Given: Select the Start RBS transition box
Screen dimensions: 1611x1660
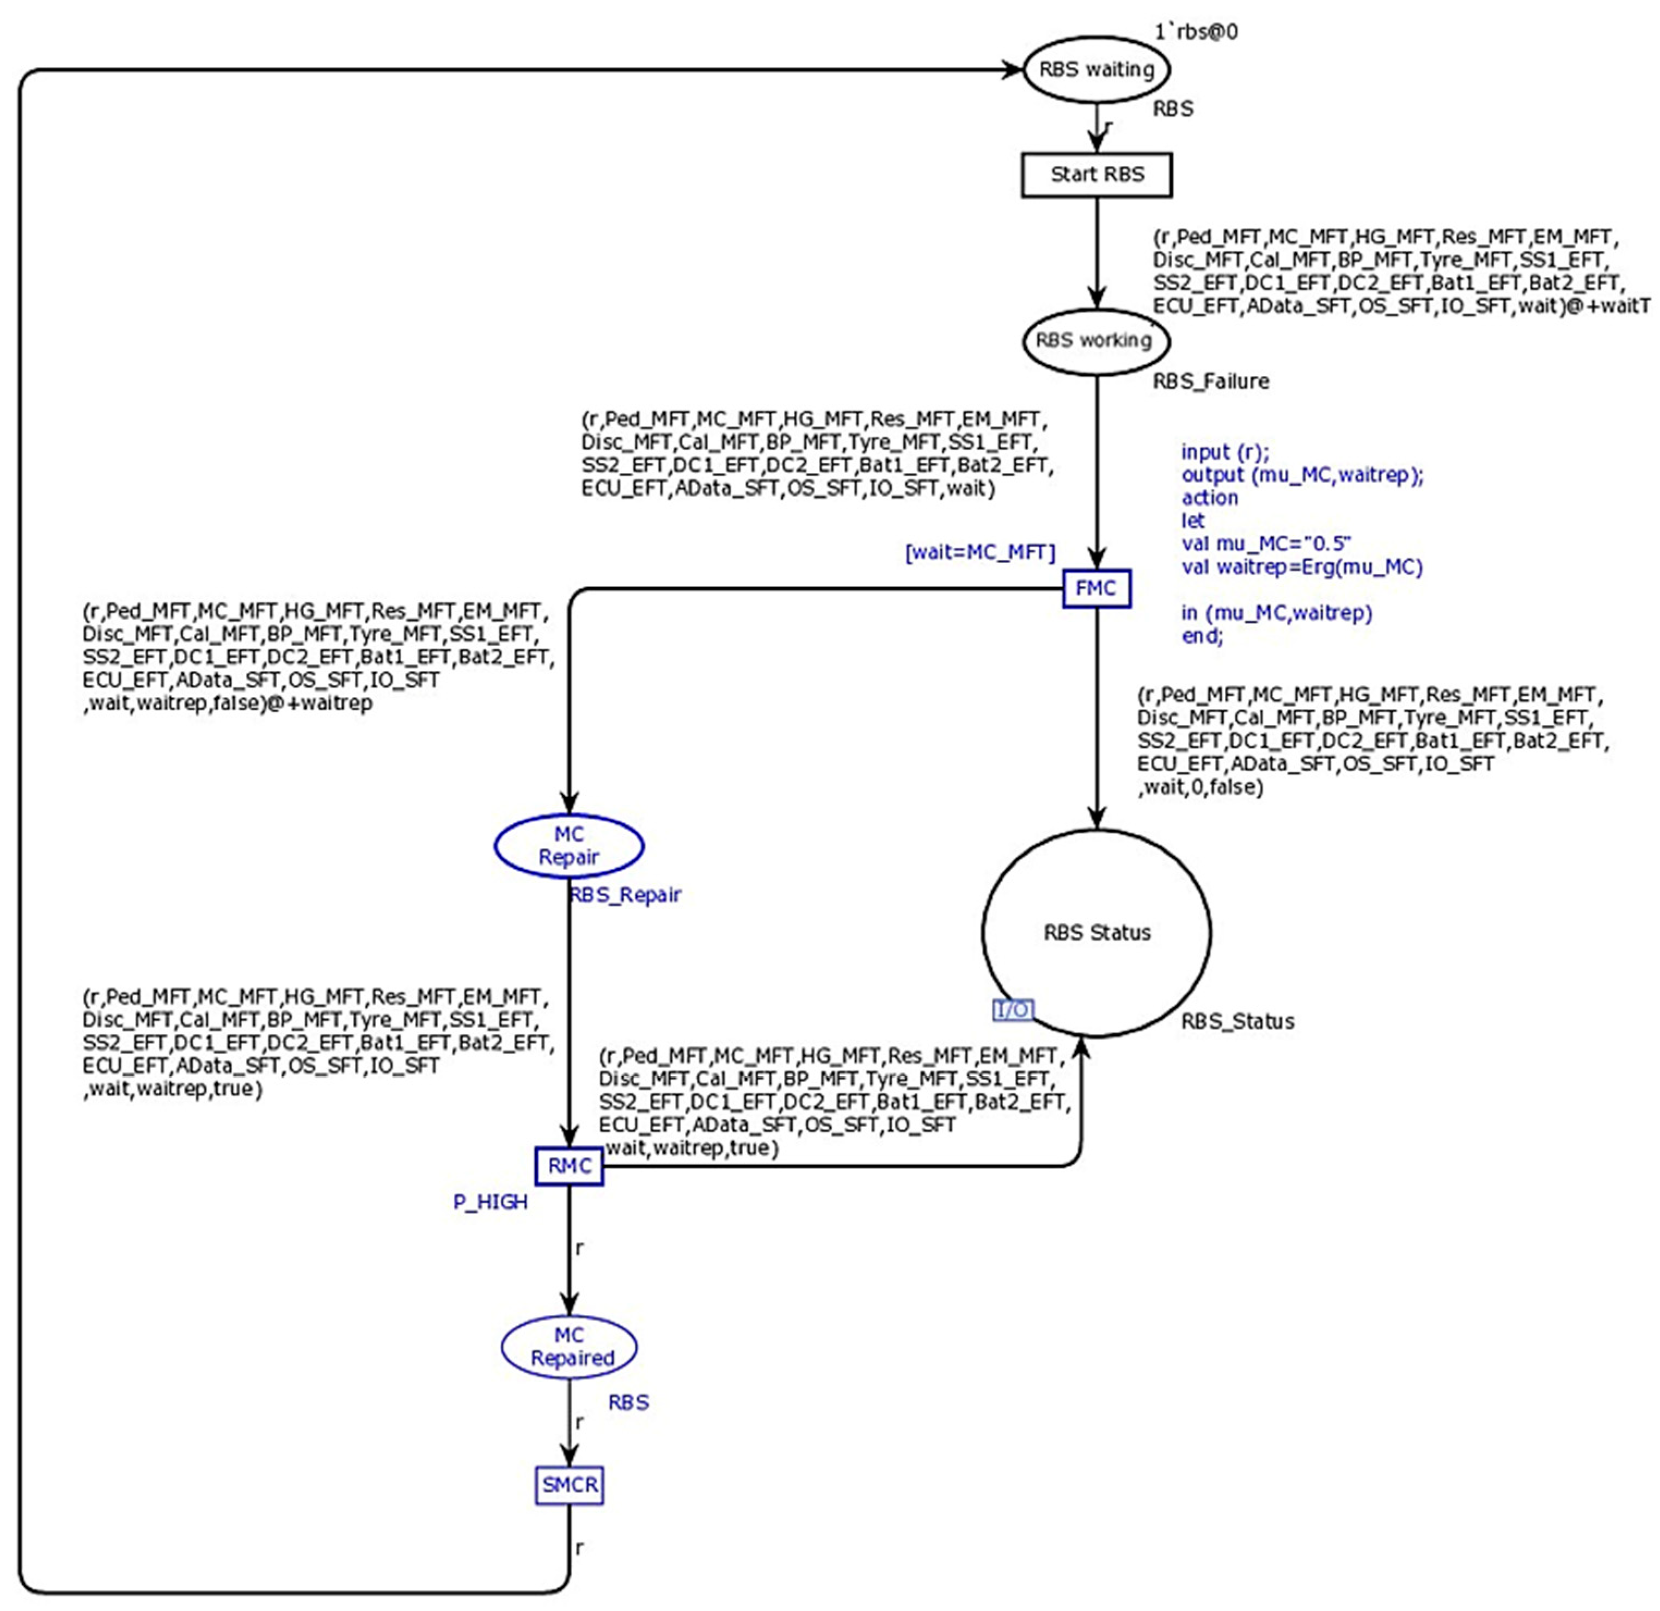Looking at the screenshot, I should [1097, 175].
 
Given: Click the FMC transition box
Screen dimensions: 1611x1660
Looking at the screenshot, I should [1096, 588].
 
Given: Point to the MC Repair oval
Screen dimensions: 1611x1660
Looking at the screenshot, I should [568, 845].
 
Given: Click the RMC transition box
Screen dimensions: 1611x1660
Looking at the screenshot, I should [569, 1166].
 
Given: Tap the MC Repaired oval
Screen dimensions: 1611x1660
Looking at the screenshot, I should [569, 1347].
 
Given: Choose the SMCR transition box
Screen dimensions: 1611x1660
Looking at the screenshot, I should [569, 1485].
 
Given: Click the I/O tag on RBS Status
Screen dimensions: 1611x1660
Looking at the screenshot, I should [1013, 1010].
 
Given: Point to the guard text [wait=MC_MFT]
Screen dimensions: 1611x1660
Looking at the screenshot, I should [980, 553].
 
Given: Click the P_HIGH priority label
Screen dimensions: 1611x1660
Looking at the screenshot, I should [491, 1202].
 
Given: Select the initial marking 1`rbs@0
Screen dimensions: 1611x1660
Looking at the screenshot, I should [1196, 32].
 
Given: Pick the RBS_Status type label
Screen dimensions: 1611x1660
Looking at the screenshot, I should [1238, 1022].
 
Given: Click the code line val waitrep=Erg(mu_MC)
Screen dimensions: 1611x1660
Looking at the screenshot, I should [1302, 567].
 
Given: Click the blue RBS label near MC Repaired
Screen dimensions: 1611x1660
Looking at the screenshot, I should [628, 1403].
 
